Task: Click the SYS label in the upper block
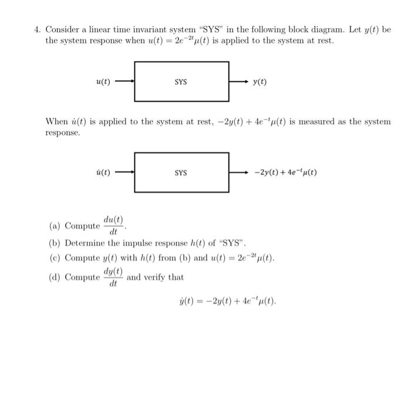pyautogui.click(x=181, y=82)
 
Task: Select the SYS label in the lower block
pyautogui.click(x=181, y=173)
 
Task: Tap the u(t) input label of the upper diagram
pyautogui.click(x=103, y=82)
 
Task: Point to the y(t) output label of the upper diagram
pyautogui.click(x=260, y=82)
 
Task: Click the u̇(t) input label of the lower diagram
pyautogui.click(x=103, y=173)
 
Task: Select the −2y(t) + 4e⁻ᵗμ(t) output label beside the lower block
pyautogui.click(x=286, y=173)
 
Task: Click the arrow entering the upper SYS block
pyautogui.click(x=124, y=82)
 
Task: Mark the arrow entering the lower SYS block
pyautogui.click(x=124, y=173)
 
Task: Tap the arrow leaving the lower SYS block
pyautogui.click(x=238, y=173)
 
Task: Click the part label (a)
pyautogui.click(x=56, y=226)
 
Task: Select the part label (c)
pyautogui.click(x=56, y=258)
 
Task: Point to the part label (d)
pyautogui.click(x=56, y=277)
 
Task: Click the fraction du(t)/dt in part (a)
pyautogui.click(x=113, y=226)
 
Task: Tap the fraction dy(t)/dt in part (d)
pyautogui.click(x=113, y=277)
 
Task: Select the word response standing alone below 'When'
pyautogui.click(x=63, y=133)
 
